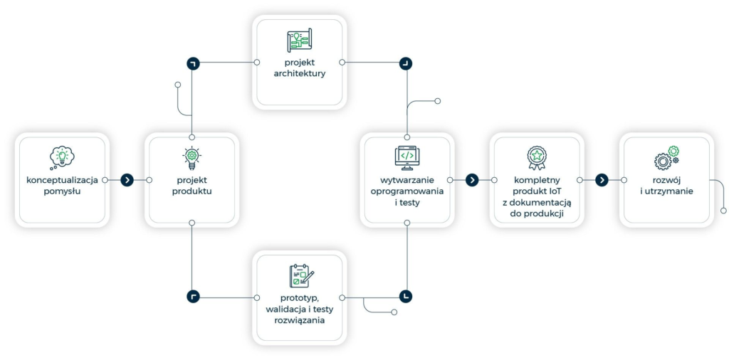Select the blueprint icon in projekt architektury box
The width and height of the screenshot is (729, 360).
click(x=299, y=40)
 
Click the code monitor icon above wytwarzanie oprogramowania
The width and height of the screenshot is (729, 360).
click(x=407, y=157)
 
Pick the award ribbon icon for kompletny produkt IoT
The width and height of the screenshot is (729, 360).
click(x=536, y=157)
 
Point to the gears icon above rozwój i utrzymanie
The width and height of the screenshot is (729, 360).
click(x=666, y=157)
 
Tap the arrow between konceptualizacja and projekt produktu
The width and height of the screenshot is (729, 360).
click(x=127, y=180)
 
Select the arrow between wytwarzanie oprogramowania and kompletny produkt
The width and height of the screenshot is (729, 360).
click(x=471, y=180)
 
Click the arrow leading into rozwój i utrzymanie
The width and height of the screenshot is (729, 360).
click(x=602, y=180)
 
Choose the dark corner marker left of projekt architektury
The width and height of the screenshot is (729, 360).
click(x=192, y=63)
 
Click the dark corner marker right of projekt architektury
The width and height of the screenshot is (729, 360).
click(x=406, y=63)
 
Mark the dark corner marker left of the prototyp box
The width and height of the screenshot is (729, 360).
click(x=192, y=296)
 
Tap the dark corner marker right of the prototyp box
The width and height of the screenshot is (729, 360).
click(x=406, y=296)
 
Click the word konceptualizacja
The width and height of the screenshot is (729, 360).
click(x=62, y=179)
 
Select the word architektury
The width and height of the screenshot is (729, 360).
click(x=299, y=73)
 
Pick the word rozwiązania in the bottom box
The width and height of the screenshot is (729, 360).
click(x=299, y=320)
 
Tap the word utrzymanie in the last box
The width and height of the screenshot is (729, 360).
click(x=670, y=191)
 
